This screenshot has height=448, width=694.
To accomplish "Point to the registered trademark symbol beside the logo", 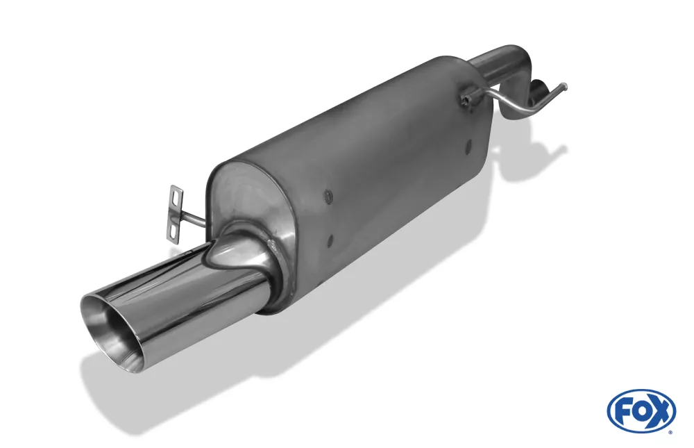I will [x=670, y=431].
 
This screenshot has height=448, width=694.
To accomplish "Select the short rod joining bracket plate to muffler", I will [x=194, y=220].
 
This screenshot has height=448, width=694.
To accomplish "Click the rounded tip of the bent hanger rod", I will [x=566, y=87].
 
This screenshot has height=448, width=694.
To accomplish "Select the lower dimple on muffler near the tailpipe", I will [x=330, y=240].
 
